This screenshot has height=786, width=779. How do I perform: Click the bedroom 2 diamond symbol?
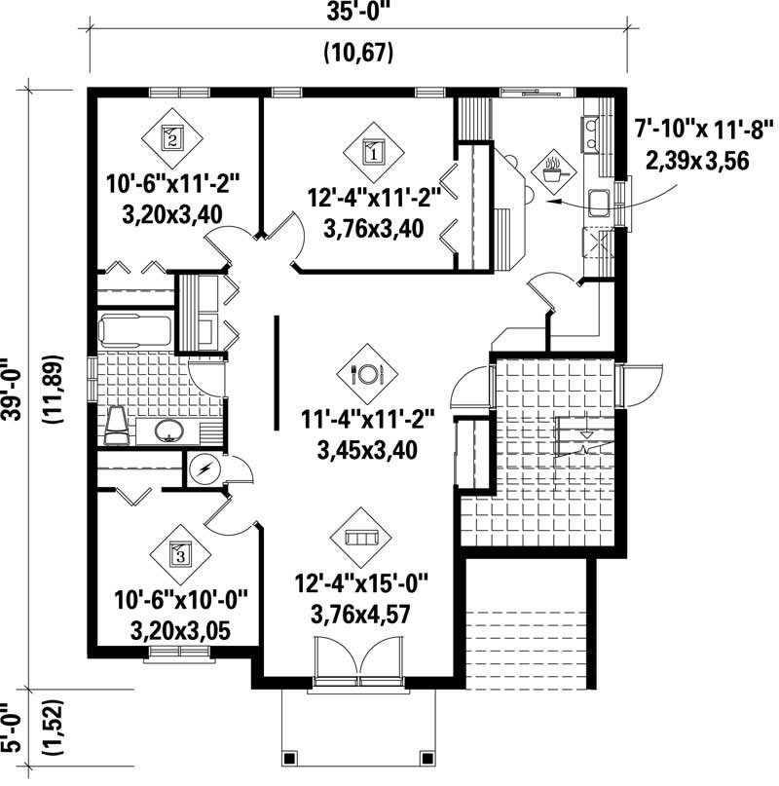[172, 137]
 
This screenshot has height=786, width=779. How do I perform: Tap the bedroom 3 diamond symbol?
[178, 555]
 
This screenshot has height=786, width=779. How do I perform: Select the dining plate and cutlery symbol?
[368, 372]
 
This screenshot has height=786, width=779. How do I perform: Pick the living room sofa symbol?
[360, 537]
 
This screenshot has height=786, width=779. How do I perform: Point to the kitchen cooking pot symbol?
[552, 169]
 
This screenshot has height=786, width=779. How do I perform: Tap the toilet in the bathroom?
[116, 425]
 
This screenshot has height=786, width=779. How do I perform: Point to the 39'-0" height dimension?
[14, 385]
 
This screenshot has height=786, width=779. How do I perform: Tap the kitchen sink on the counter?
[599, 202]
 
